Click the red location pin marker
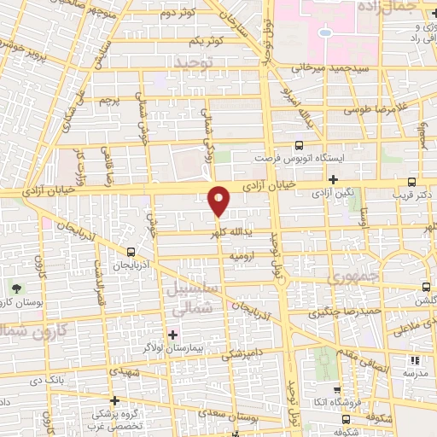219,201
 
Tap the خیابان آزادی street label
291,182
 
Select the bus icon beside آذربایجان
131,252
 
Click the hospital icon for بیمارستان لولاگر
173,334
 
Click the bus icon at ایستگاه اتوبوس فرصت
299,145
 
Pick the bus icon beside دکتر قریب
412,182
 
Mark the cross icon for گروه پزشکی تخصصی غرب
114,399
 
